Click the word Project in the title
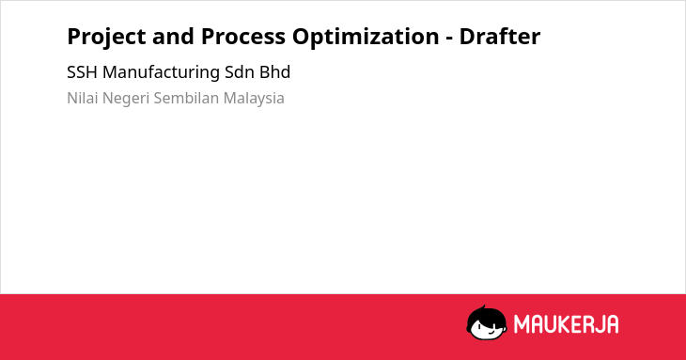pyautogui.click(x=106, y=38)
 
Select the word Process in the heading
pyautogui.click(x=243, y=37)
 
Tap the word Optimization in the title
pyautogui.click(x=366, y=38)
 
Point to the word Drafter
pyautogui.click(x=500, y=36)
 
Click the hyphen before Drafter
pyautogui.click(x=449, y=39)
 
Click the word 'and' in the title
pyautogui.click(x=173, y=37)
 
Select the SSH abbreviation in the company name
pyautogui.click(x=82, y=72)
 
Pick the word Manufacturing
pyautogui.click(x=161, y=73)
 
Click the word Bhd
pyautogui.click(x=274, y=72)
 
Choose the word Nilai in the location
pyautogui.click(x=82, y=98)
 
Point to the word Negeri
pyautogui.click(x=126, y=99)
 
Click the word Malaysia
pyautogui.click(x=254, y=99)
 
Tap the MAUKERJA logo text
pyautogui.click(x=566, y=324)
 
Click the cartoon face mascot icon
pyautogui.click(x=487, y=322)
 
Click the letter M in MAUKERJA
pyautogui.click(x=521, y=324)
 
